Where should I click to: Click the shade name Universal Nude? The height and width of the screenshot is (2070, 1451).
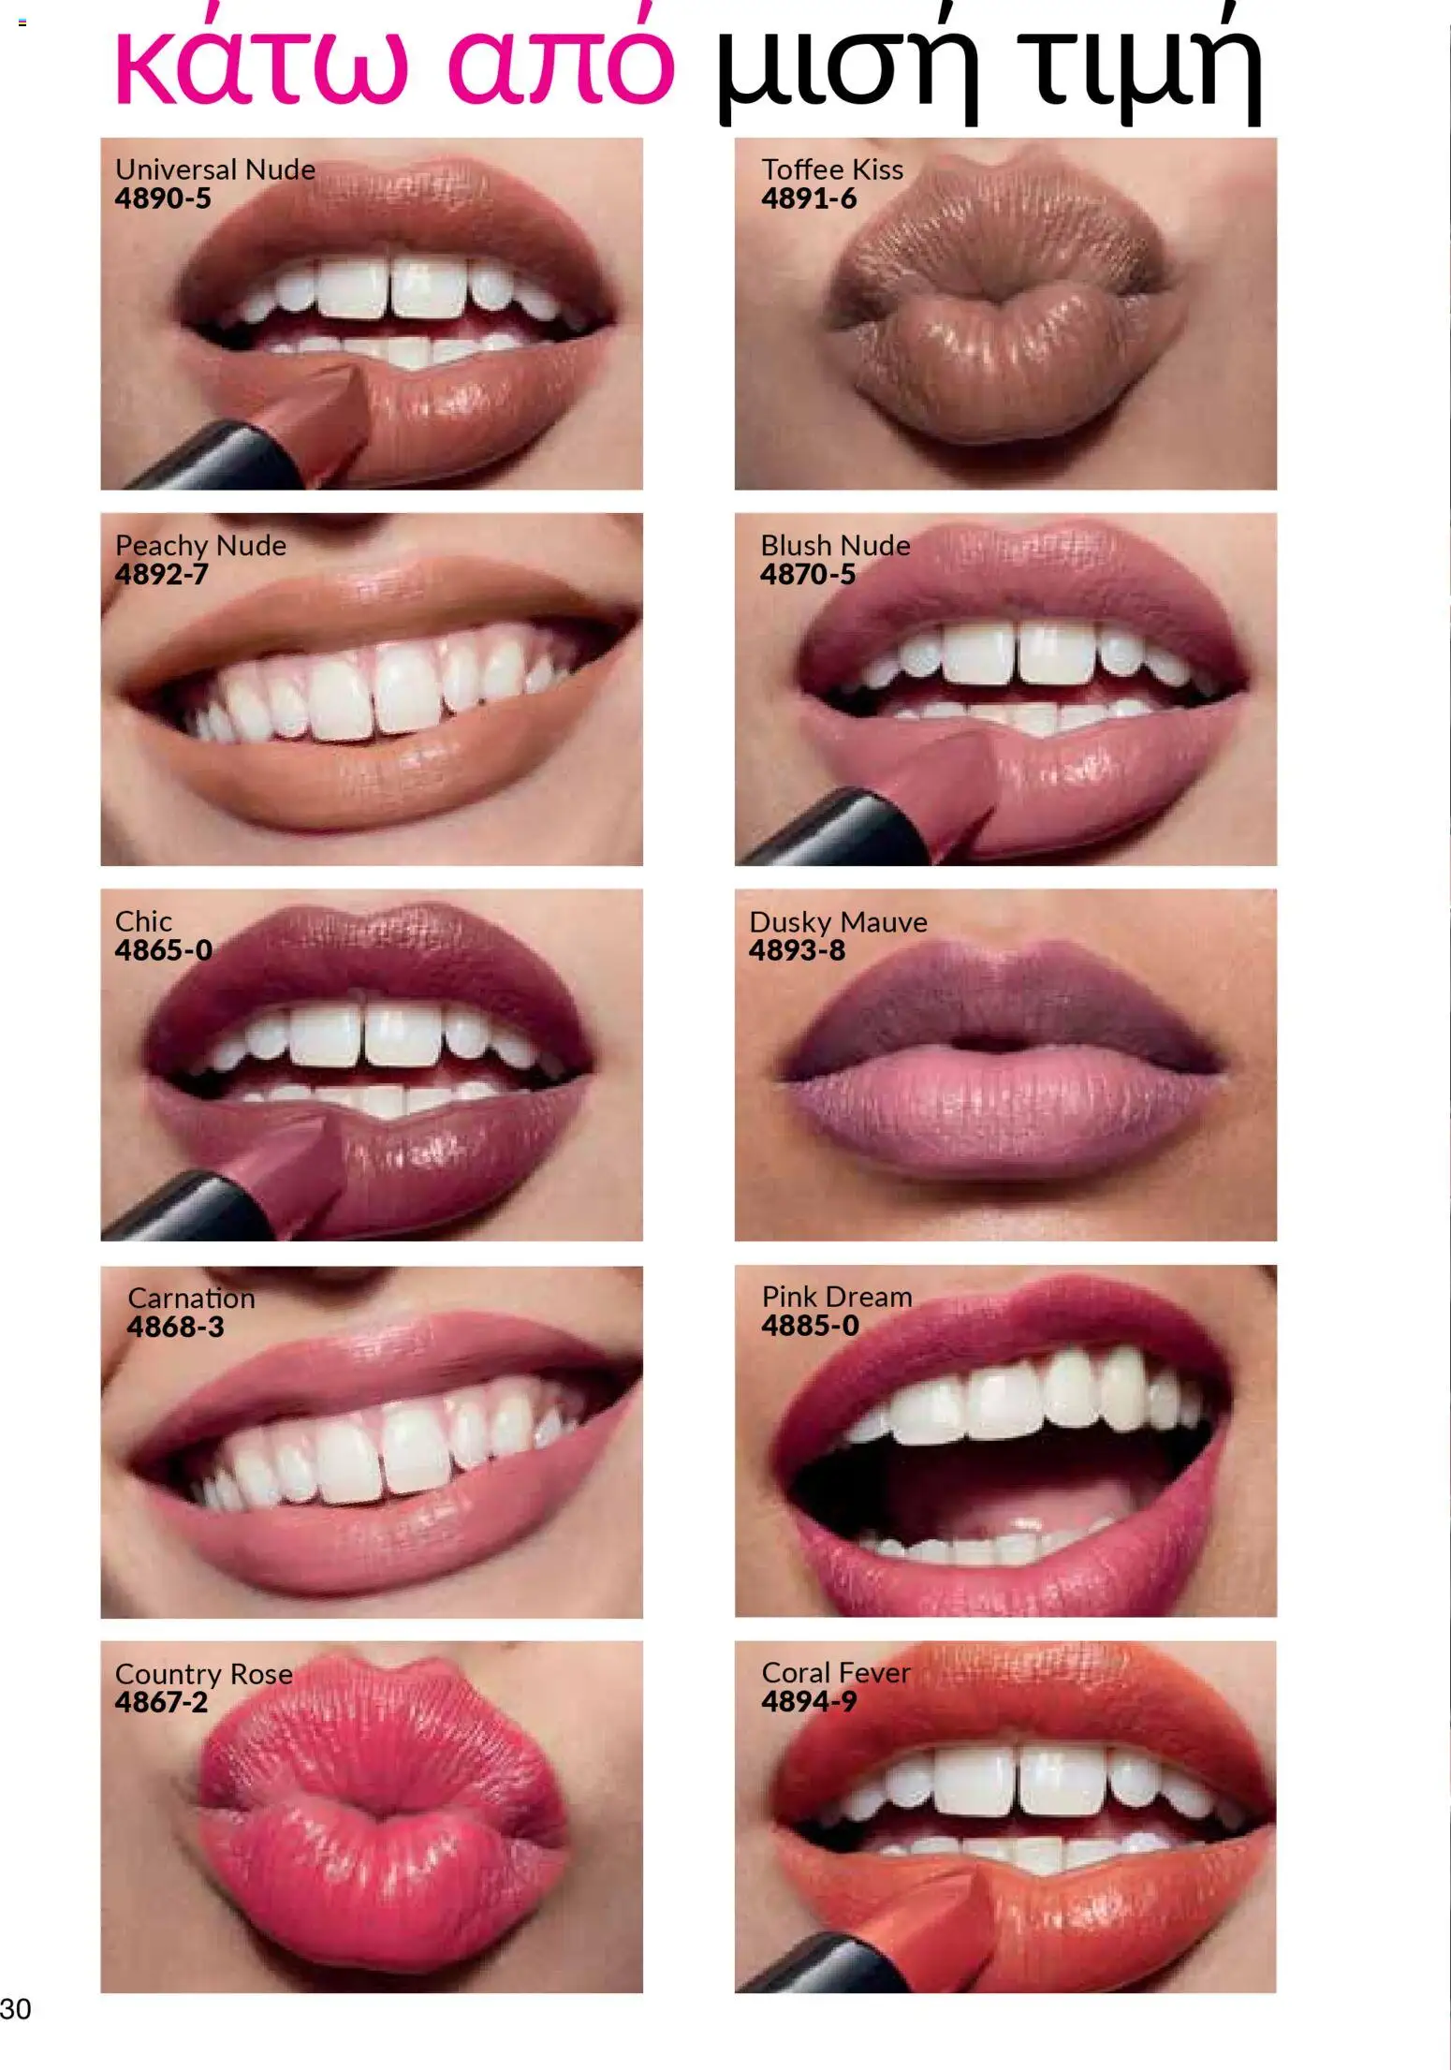coord(214,169)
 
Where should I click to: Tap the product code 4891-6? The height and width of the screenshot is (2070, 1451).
coord(808,198)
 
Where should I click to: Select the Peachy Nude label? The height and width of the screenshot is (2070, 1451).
coord(200,545)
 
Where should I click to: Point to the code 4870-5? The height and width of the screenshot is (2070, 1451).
coord(807,574)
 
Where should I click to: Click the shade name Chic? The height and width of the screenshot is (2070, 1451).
coord(143,921)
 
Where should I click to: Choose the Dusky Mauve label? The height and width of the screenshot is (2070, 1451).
coord(838,922)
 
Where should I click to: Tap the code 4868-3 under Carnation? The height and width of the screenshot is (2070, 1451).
coord(175,1327)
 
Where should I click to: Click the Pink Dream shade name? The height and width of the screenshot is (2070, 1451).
coord(836,1297)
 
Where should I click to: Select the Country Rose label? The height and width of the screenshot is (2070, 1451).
coord(203,1673)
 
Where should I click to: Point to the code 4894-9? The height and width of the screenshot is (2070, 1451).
coord(808,1701)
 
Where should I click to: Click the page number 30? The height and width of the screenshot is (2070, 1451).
coord(16,2008)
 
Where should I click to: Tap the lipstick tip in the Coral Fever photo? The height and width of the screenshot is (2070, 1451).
coord(945,1919)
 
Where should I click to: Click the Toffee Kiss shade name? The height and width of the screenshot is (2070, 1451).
coord(831,169)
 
